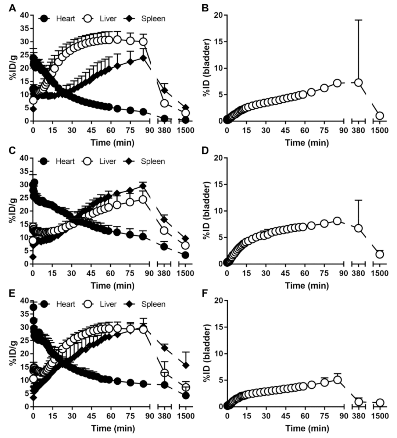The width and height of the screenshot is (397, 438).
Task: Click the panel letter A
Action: pyautogui.click(x=12, y=7)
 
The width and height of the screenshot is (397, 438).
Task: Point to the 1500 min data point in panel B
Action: pyautogui.click(x=379, y=116)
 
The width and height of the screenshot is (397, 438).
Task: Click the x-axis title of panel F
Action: pyautogui.click(x=307, y=428)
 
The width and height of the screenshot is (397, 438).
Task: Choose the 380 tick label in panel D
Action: pyautogui.click(x=358, y=273)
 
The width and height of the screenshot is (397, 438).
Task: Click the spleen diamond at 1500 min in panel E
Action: pyautogui.click(x=186, y=365)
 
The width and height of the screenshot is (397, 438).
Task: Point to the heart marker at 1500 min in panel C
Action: pyautogui.click(x=186, y=255)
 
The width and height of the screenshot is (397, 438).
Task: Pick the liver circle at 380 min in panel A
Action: pyautogui.click(x=164, y=103)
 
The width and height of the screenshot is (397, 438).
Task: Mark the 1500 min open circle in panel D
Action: pyautogui.click(x=379, y=254)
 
